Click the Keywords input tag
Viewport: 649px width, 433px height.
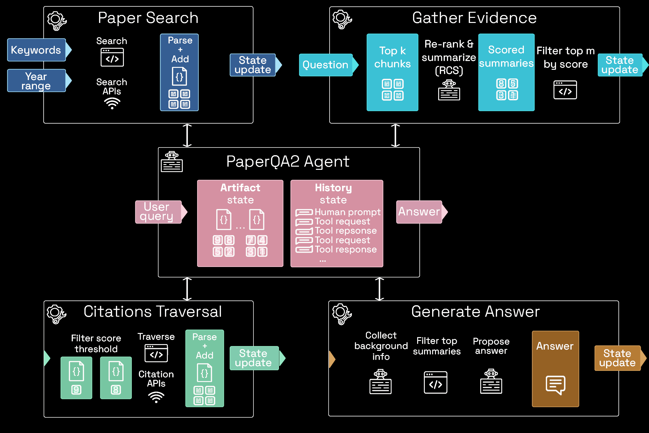[36, 50]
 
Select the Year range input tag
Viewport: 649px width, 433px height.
[36, 81]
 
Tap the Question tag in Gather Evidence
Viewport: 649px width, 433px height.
[325, 65]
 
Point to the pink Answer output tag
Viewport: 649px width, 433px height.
[419, 212]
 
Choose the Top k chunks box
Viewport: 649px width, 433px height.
[392, 72]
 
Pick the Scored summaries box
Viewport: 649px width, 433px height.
[506, 72]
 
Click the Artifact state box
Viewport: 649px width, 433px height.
[240, 223]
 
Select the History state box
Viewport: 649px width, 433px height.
[337, 223]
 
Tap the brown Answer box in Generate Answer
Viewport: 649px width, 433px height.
[555, 369]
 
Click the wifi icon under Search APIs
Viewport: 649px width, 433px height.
[112, 103]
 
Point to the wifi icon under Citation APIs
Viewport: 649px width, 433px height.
[156, 397]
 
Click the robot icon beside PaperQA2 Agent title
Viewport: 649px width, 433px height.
[172, 162]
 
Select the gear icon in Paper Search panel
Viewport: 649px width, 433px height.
[57, 21]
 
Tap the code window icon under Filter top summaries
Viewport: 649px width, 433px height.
[435, 382]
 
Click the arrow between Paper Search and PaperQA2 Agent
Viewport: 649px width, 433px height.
[187, 135]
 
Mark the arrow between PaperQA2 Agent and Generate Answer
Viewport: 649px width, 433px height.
[379, 289]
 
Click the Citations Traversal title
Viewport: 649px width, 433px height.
[153, 312]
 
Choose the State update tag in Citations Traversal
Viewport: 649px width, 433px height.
[254, 358]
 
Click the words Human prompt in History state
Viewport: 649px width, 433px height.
[347, 212]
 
